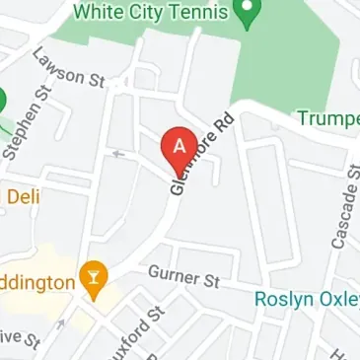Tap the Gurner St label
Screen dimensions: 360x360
182,278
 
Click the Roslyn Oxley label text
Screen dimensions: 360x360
306,297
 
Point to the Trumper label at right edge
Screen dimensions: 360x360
328,119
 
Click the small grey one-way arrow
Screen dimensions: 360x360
118,153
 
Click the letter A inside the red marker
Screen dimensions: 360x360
179,144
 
